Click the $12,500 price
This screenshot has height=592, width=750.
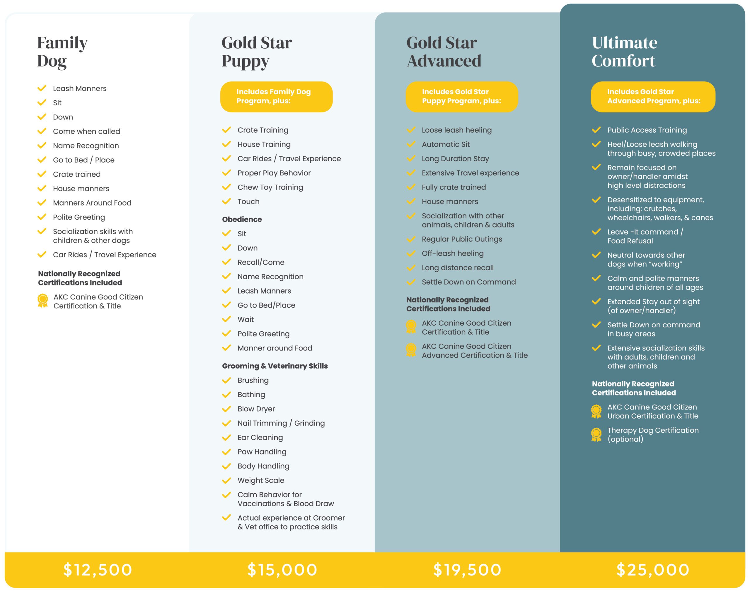[x=98, y=570]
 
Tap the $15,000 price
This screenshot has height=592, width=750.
[x=282, y=570]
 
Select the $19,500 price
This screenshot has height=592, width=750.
[x=467, y=570]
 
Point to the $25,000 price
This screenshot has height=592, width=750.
[x=652, y=570]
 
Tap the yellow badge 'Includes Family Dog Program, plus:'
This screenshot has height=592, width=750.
[x=276, y=96]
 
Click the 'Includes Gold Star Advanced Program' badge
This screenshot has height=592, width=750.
[x=653, y=96]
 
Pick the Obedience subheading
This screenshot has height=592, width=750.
[x=242, y=219]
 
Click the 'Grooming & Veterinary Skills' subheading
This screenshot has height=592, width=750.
[x=275, y=366]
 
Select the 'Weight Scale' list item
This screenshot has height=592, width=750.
[x=261, y=480]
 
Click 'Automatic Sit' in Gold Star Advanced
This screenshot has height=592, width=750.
[x=446, y=145]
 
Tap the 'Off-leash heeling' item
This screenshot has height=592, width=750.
[x=453, y=253]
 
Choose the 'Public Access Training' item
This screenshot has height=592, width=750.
[x=647, y=130]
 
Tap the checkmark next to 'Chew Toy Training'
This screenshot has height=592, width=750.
[x=226, y=187]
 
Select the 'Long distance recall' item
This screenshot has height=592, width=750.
[x=457, y=268]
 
